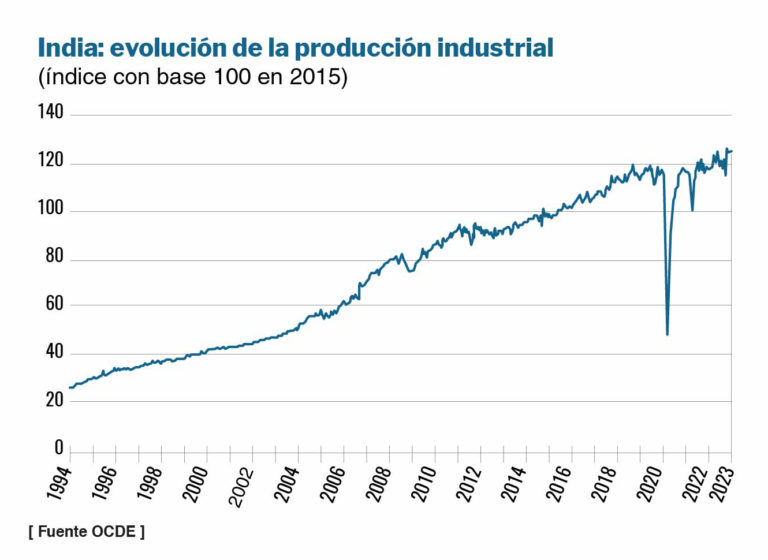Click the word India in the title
click(65, 48)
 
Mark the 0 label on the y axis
click(59, 448)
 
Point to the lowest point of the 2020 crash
click(667, 334)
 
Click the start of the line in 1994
click(69, 388)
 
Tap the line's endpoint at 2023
click(731, 151)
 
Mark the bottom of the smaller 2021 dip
click(692, 210)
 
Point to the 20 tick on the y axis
click(54, 400)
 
